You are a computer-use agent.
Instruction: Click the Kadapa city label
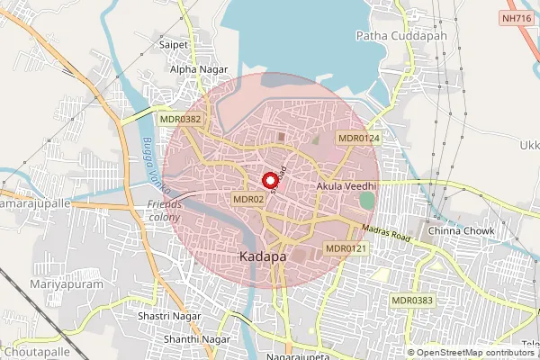tap(263, 256)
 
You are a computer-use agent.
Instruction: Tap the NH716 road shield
tap(515, 17)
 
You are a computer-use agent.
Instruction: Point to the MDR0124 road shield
tap(358, 138)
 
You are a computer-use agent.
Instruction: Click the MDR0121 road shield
tap(346, 248)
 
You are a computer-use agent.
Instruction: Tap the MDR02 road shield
tap(247, 199)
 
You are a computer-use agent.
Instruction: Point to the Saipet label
tap(173, 43)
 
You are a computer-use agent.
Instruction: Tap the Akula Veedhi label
tap(346, 186)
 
